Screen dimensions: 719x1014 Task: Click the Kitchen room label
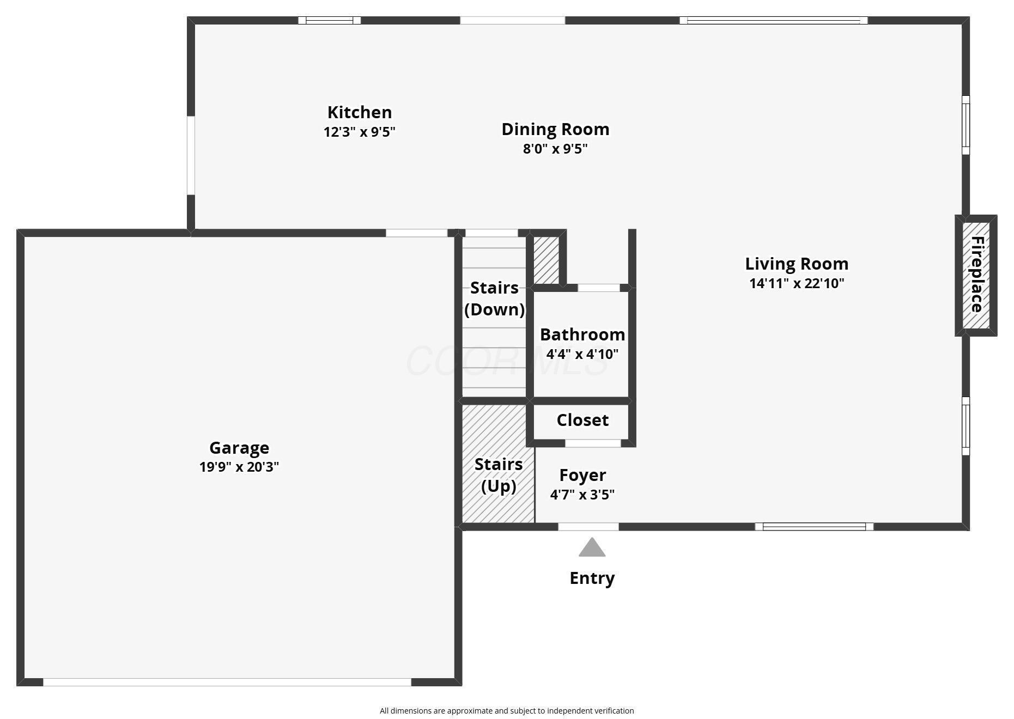[359, 112]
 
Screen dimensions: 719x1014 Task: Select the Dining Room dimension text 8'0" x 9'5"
[555, 149]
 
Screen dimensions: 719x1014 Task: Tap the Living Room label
[796, 264]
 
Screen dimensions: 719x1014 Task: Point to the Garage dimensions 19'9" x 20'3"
[239, 467]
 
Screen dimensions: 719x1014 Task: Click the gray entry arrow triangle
[592, 549]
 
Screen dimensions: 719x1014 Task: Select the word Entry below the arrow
[592, 578]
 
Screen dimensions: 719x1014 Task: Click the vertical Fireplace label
[976, 275]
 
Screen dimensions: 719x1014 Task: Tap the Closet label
[582, 420]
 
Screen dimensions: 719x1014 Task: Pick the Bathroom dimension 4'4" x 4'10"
[582, 354]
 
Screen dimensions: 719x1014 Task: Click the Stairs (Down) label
[494, 298]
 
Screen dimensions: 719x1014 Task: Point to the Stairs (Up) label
[498, 475]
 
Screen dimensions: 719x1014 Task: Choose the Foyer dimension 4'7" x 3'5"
[582, 495]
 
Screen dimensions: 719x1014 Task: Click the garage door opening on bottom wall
[227, 682]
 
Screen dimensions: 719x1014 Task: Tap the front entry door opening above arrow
[588, 527]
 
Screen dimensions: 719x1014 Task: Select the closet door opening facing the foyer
[593, 443]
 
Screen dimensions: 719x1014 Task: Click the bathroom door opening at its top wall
[598, 288]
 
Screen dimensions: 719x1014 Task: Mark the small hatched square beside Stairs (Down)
[546, 259]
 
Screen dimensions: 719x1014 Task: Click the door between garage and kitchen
[416, 233]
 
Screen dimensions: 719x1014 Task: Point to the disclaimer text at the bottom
[506, 710]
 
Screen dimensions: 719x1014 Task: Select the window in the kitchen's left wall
[191, 155]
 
